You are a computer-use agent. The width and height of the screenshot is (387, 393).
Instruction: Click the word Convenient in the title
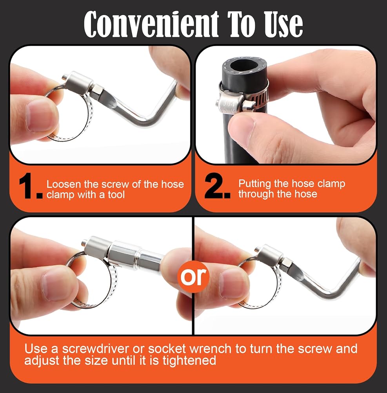point(151,24)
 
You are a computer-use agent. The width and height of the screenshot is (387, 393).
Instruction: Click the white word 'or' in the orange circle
point(193,276)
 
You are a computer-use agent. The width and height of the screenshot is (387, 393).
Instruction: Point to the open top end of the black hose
point(245,66)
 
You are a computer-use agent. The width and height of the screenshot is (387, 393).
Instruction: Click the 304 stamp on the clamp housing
point(228,103)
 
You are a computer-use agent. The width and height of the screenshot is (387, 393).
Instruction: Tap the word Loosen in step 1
point(64,184)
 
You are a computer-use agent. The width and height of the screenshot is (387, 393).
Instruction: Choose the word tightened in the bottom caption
point(189,360)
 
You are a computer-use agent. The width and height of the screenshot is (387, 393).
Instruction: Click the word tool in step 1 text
point(116,195)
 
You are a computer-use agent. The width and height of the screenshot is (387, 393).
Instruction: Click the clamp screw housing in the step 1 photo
point(77,82)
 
